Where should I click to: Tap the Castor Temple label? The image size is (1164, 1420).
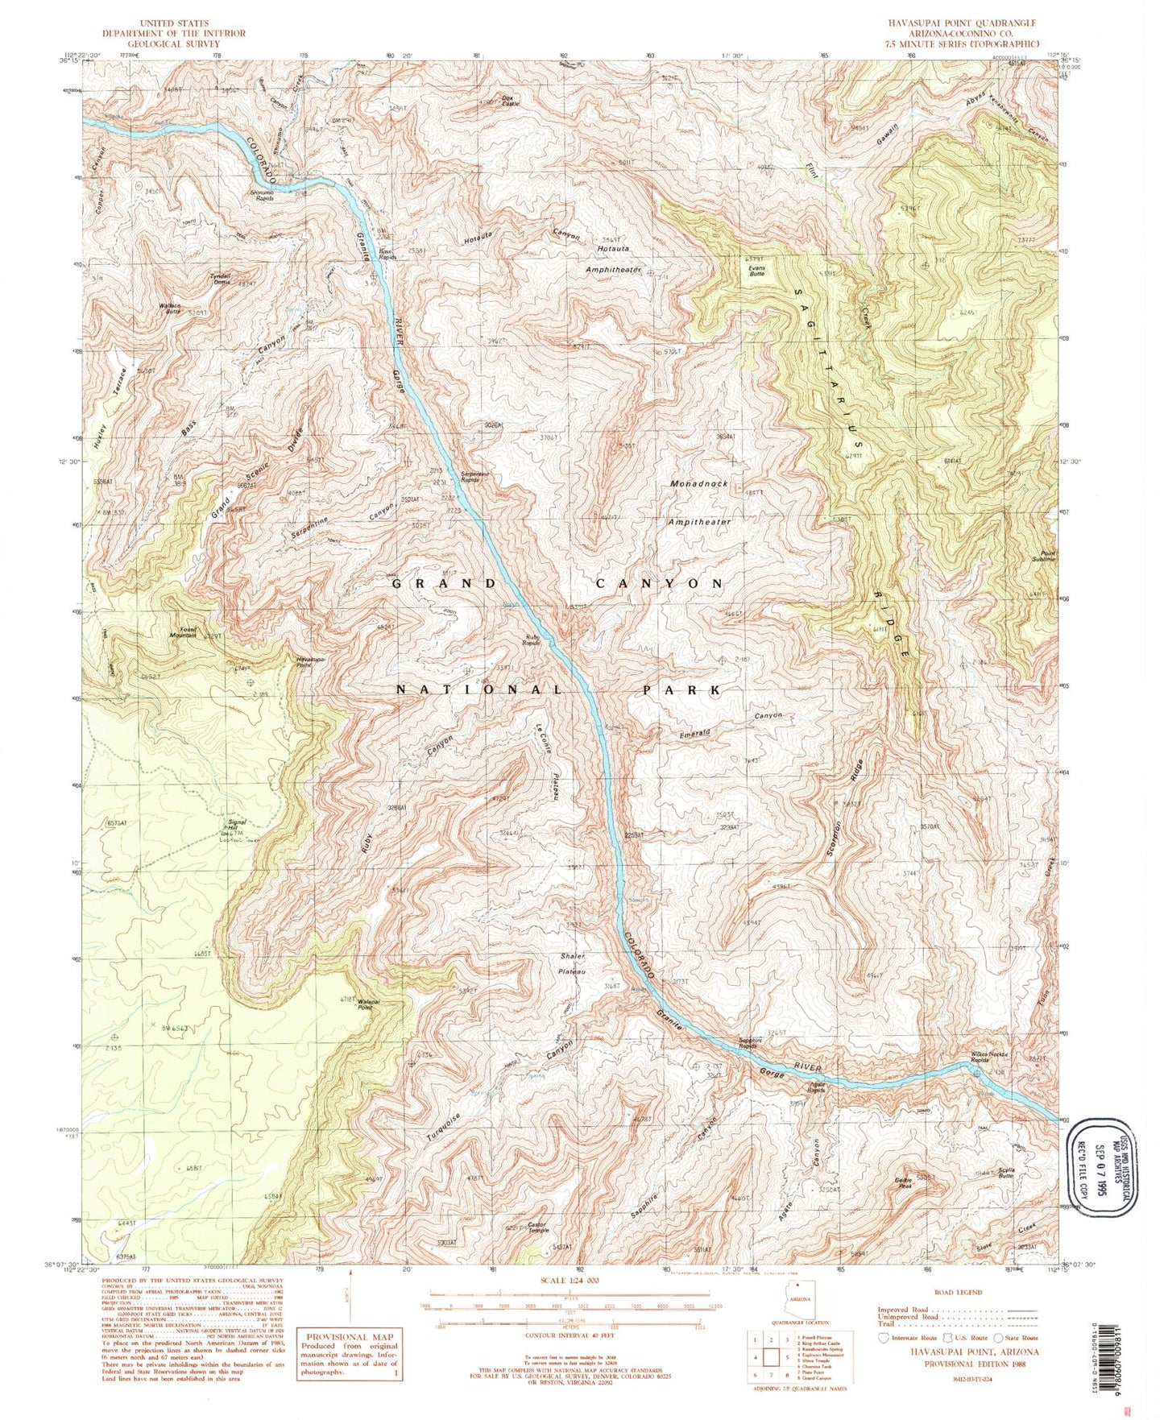(538, 1227)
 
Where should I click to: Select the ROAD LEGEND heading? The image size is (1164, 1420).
(959, 1293)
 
